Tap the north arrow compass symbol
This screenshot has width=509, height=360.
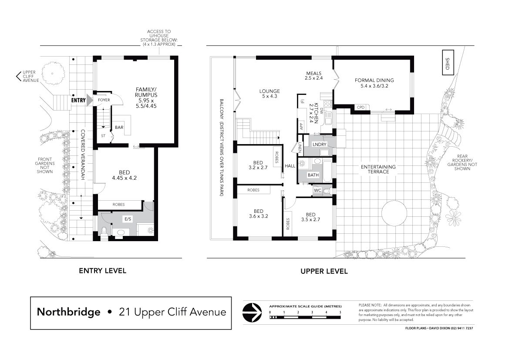(252, 313)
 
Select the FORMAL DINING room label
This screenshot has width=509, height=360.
(374, 83)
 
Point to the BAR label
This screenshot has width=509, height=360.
(119, 128)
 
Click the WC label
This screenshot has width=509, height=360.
(317, 191)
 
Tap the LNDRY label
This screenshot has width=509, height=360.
(320, 145)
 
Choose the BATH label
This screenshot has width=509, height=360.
(313, 175)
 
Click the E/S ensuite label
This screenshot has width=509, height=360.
(128, 219)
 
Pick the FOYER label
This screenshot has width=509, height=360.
(104, 100)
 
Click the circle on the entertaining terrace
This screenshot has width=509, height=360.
(394, 213)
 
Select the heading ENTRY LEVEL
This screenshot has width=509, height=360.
(103, 271)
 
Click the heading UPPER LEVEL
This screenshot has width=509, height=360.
(324, 271)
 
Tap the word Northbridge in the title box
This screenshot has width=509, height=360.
(68, 312)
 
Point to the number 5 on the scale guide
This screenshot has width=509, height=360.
(340, 312)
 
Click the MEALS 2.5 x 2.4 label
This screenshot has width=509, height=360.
(313, 76)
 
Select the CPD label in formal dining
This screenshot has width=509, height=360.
(361, 108)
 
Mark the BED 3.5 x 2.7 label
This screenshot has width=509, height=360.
(310, 217)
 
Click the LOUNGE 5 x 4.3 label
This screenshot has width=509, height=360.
(270, 94)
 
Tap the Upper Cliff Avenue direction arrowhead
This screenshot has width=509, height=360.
(18, 76)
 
